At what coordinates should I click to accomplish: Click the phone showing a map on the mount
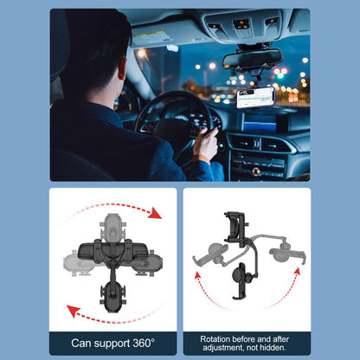pos(255,98)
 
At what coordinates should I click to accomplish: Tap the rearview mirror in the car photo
pos(252,60)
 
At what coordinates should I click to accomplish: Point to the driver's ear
pos(123,69)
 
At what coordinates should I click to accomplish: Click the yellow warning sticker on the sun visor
pos(147,35)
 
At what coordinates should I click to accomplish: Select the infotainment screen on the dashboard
pos(260,122)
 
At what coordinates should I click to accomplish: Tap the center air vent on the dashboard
pos(261,144)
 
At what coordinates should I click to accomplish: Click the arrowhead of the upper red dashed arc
pos(156,213)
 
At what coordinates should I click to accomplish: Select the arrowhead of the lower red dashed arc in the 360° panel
pos(73,311)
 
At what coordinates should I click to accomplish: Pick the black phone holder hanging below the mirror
pos(112,296)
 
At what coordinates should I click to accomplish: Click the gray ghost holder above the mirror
pos(112,228)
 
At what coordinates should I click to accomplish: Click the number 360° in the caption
pos(144,343)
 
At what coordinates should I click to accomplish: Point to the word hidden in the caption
pos(273,348)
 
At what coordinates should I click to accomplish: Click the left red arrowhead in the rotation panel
pos(197,275)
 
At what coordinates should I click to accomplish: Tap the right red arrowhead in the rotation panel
pos(298,272)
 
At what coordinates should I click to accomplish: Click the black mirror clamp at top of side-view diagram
pos(235,228)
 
